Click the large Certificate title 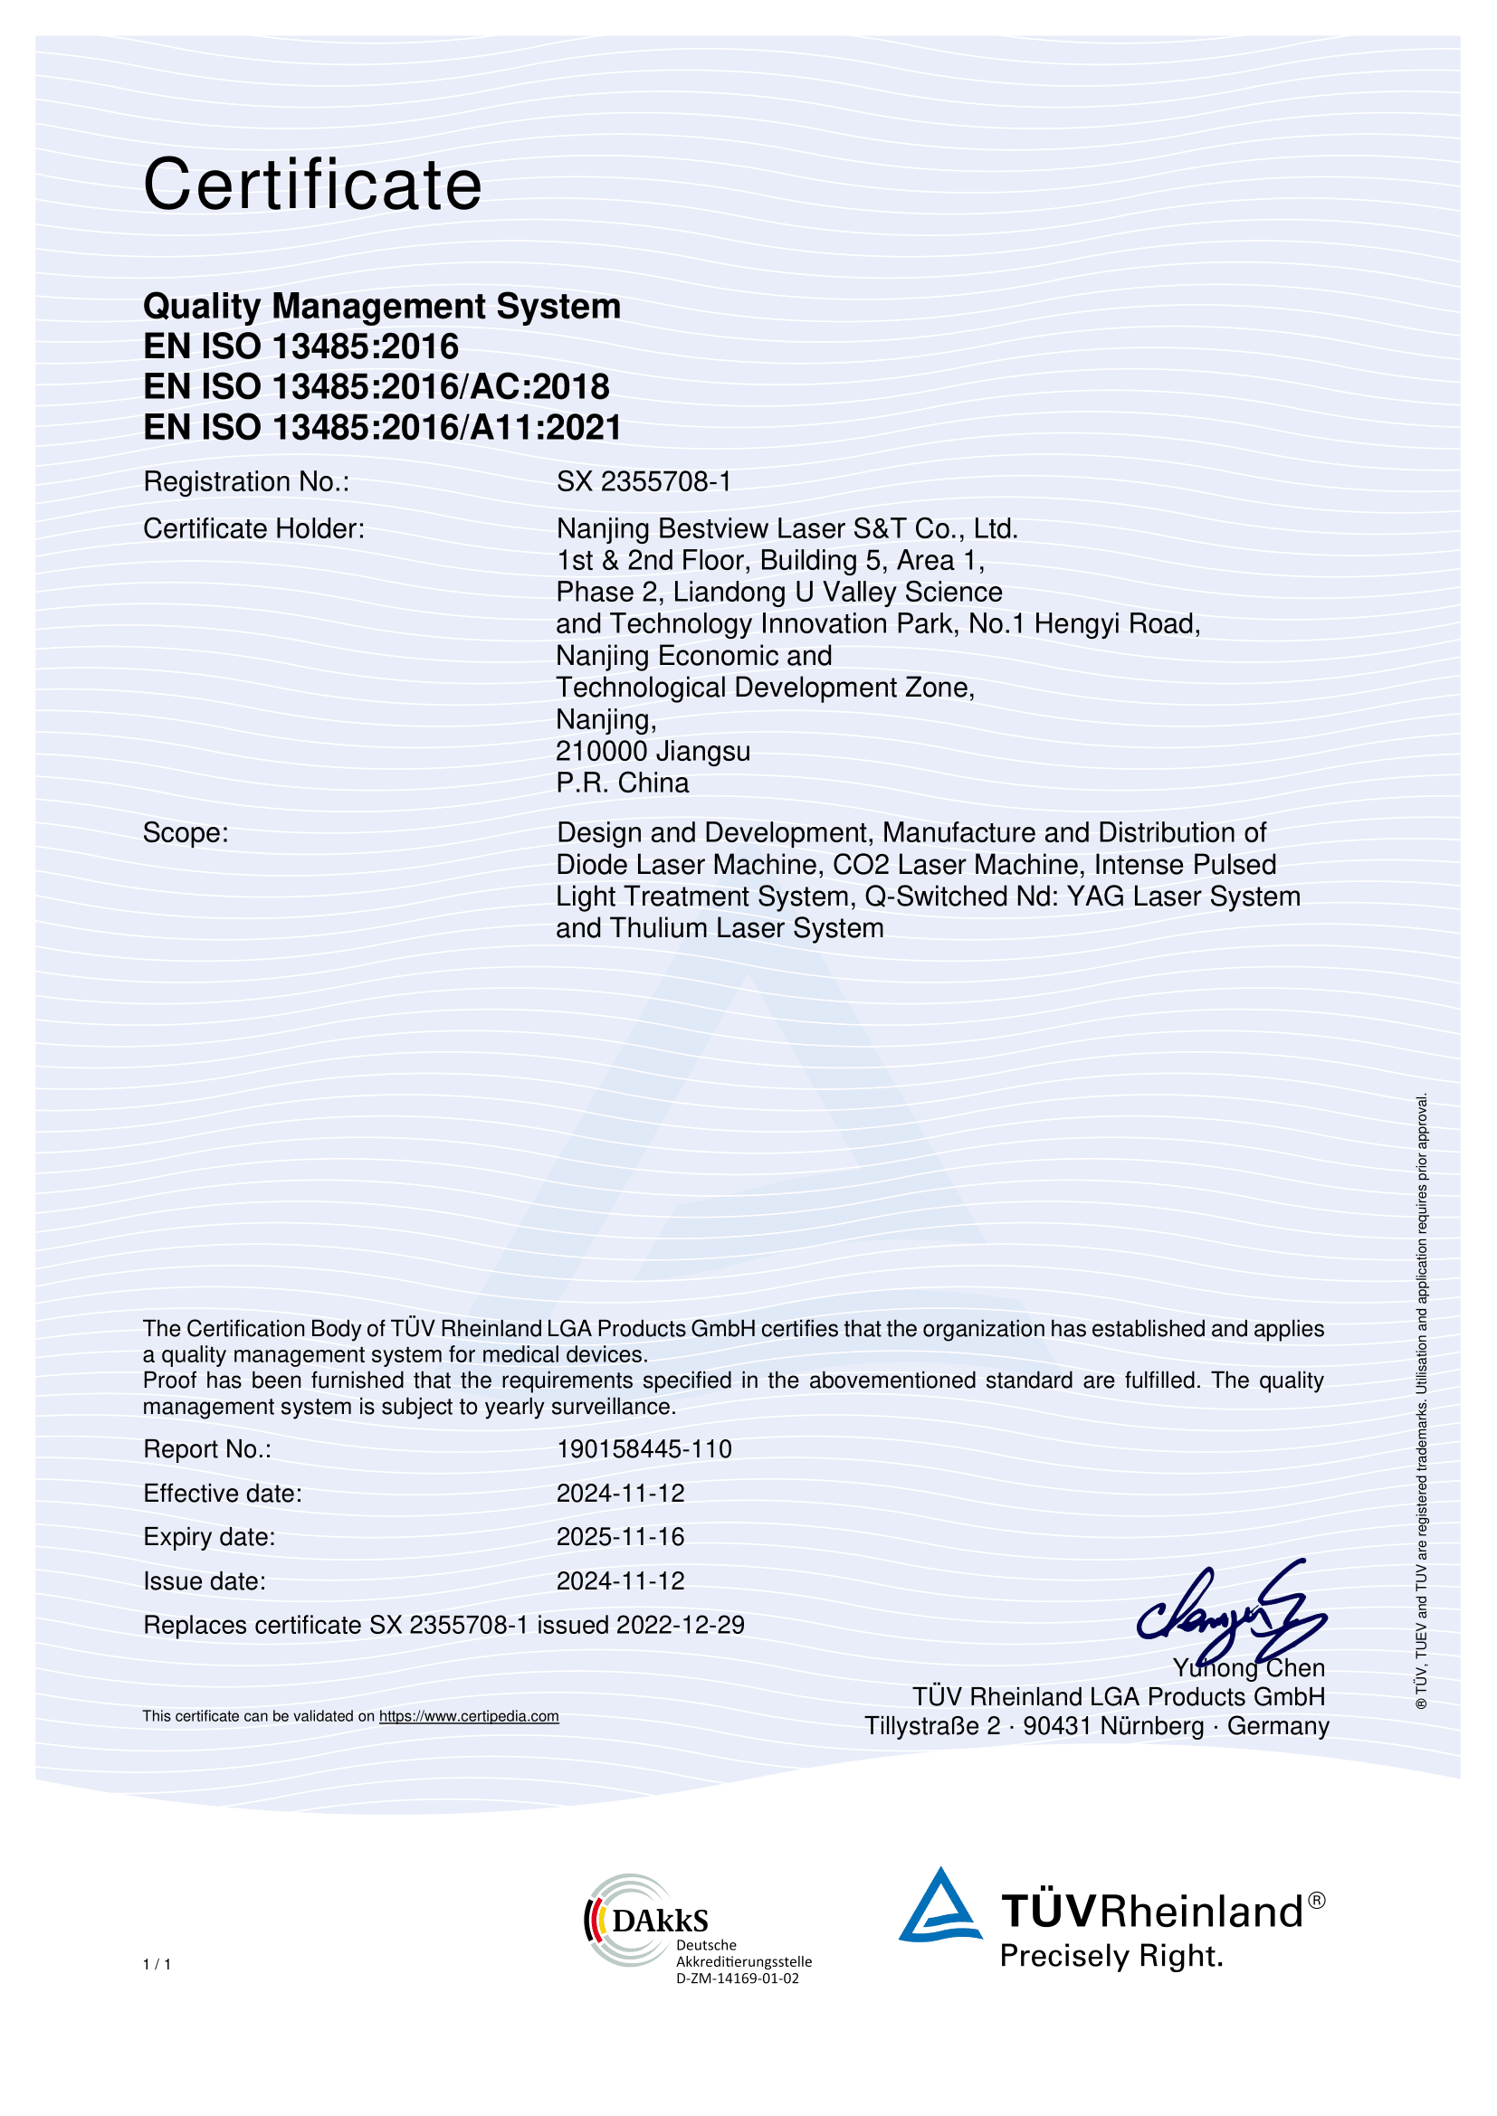pyautogui.click(x=312, y=185)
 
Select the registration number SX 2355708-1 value pyautogui.click(x=644, y=481)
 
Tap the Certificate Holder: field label pyautogui.click(x=253, y=529)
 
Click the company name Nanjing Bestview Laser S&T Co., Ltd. pyautogui.click(x=787, y=529)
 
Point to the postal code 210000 pyautogui.click(x=601, y=751)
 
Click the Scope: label pyautogui.click(x=186, y=833)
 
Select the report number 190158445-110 pyautogui.click(x=644, y=1448)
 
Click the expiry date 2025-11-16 pyautogui.click(x=620, y=1536)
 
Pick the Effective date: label pyautogui.click(x=222, y=1493)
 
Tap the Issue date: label pyautogui.click(x=204, y=1580)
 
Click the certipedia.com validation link pyautogui.click(x=468, y=1716)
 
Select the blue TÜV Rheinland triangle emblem pyautogui.click(x=940, y=1908)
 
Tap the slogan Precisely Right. pyautogui.click(x=1111, y=1955)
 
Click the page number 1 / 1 pyautogui.click(x=157, y=1964)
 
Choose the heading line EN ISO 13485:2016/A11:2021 pyautogui.click(x=383, y=428)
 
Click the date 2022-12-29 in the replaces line pyautogui.click(x=681, y=1625)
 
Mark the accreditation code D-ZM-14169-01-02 pyautogui.click(x=738, y=1978)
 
